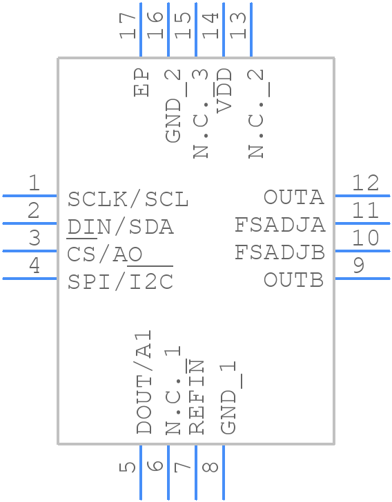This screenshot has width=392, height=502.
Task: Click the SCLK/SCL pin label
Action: [128, 199]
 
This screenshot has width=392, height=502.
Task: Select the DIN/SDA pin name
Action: [120, 226]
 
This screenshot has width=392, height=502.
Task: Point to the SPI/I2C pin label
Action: [120, 282]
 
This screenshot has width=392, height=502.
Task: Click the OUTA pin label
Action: [293, 197]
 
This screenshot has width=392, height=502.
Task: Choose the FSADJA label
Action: [280, 225]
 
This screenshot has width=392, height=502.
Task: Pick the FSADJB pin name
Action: [280, 252]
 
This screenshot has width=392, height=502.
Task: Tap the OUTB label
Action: [293, 280]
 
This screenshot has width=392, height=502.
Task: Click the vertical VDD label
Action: [224, 90]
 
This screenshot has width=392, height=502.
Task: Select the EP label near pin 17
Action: [142, 83]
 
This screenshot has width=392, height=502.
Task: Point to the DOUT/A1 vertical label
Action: [144, 382]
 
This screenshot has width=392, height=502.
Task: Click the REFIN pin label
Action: [197, 397]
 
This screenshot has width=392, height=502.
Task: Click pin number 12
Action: [365, 183]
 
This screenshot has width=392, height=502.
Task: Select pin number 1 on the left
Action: [33, 183]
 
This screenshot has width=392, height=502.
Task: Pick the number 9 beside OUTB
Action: [358, 265]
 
